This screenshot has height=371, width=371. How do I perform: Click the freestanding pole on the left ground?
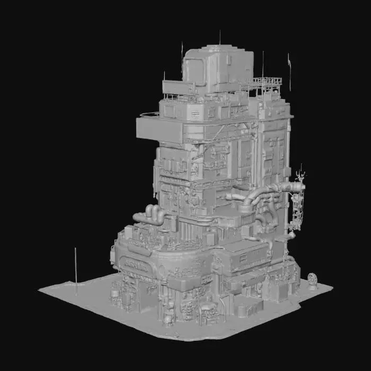pyautogui.click(x=76, y=268)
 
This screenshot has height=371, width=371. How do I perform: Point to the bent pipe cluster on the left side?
pyautogui.click(x=151, y=215)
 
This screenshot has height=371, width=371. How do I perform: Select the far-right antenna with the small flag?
pyautogui.click(x=289, y=69)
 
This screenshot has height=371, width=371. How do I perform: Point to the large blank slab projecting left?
pyautogui.click(x=159, y=129)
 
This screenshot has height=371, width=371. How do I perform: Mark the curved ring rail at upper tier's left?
pyautogui.click(x=149, y=114)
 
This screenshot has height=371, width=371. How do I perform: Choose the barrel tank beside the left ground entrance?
pyautogui.click(x=114, y=293)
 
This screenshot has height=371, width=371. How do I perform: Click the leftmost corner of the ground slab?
pyautogui.click(x=40, y=289)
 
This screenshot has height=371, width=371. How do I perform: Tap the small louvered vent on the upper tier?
pyautogui.click(x=195, y=113)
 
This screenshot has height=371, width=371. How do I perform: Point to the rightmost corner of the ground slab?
pyautogui.click(x=332, y=288)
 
